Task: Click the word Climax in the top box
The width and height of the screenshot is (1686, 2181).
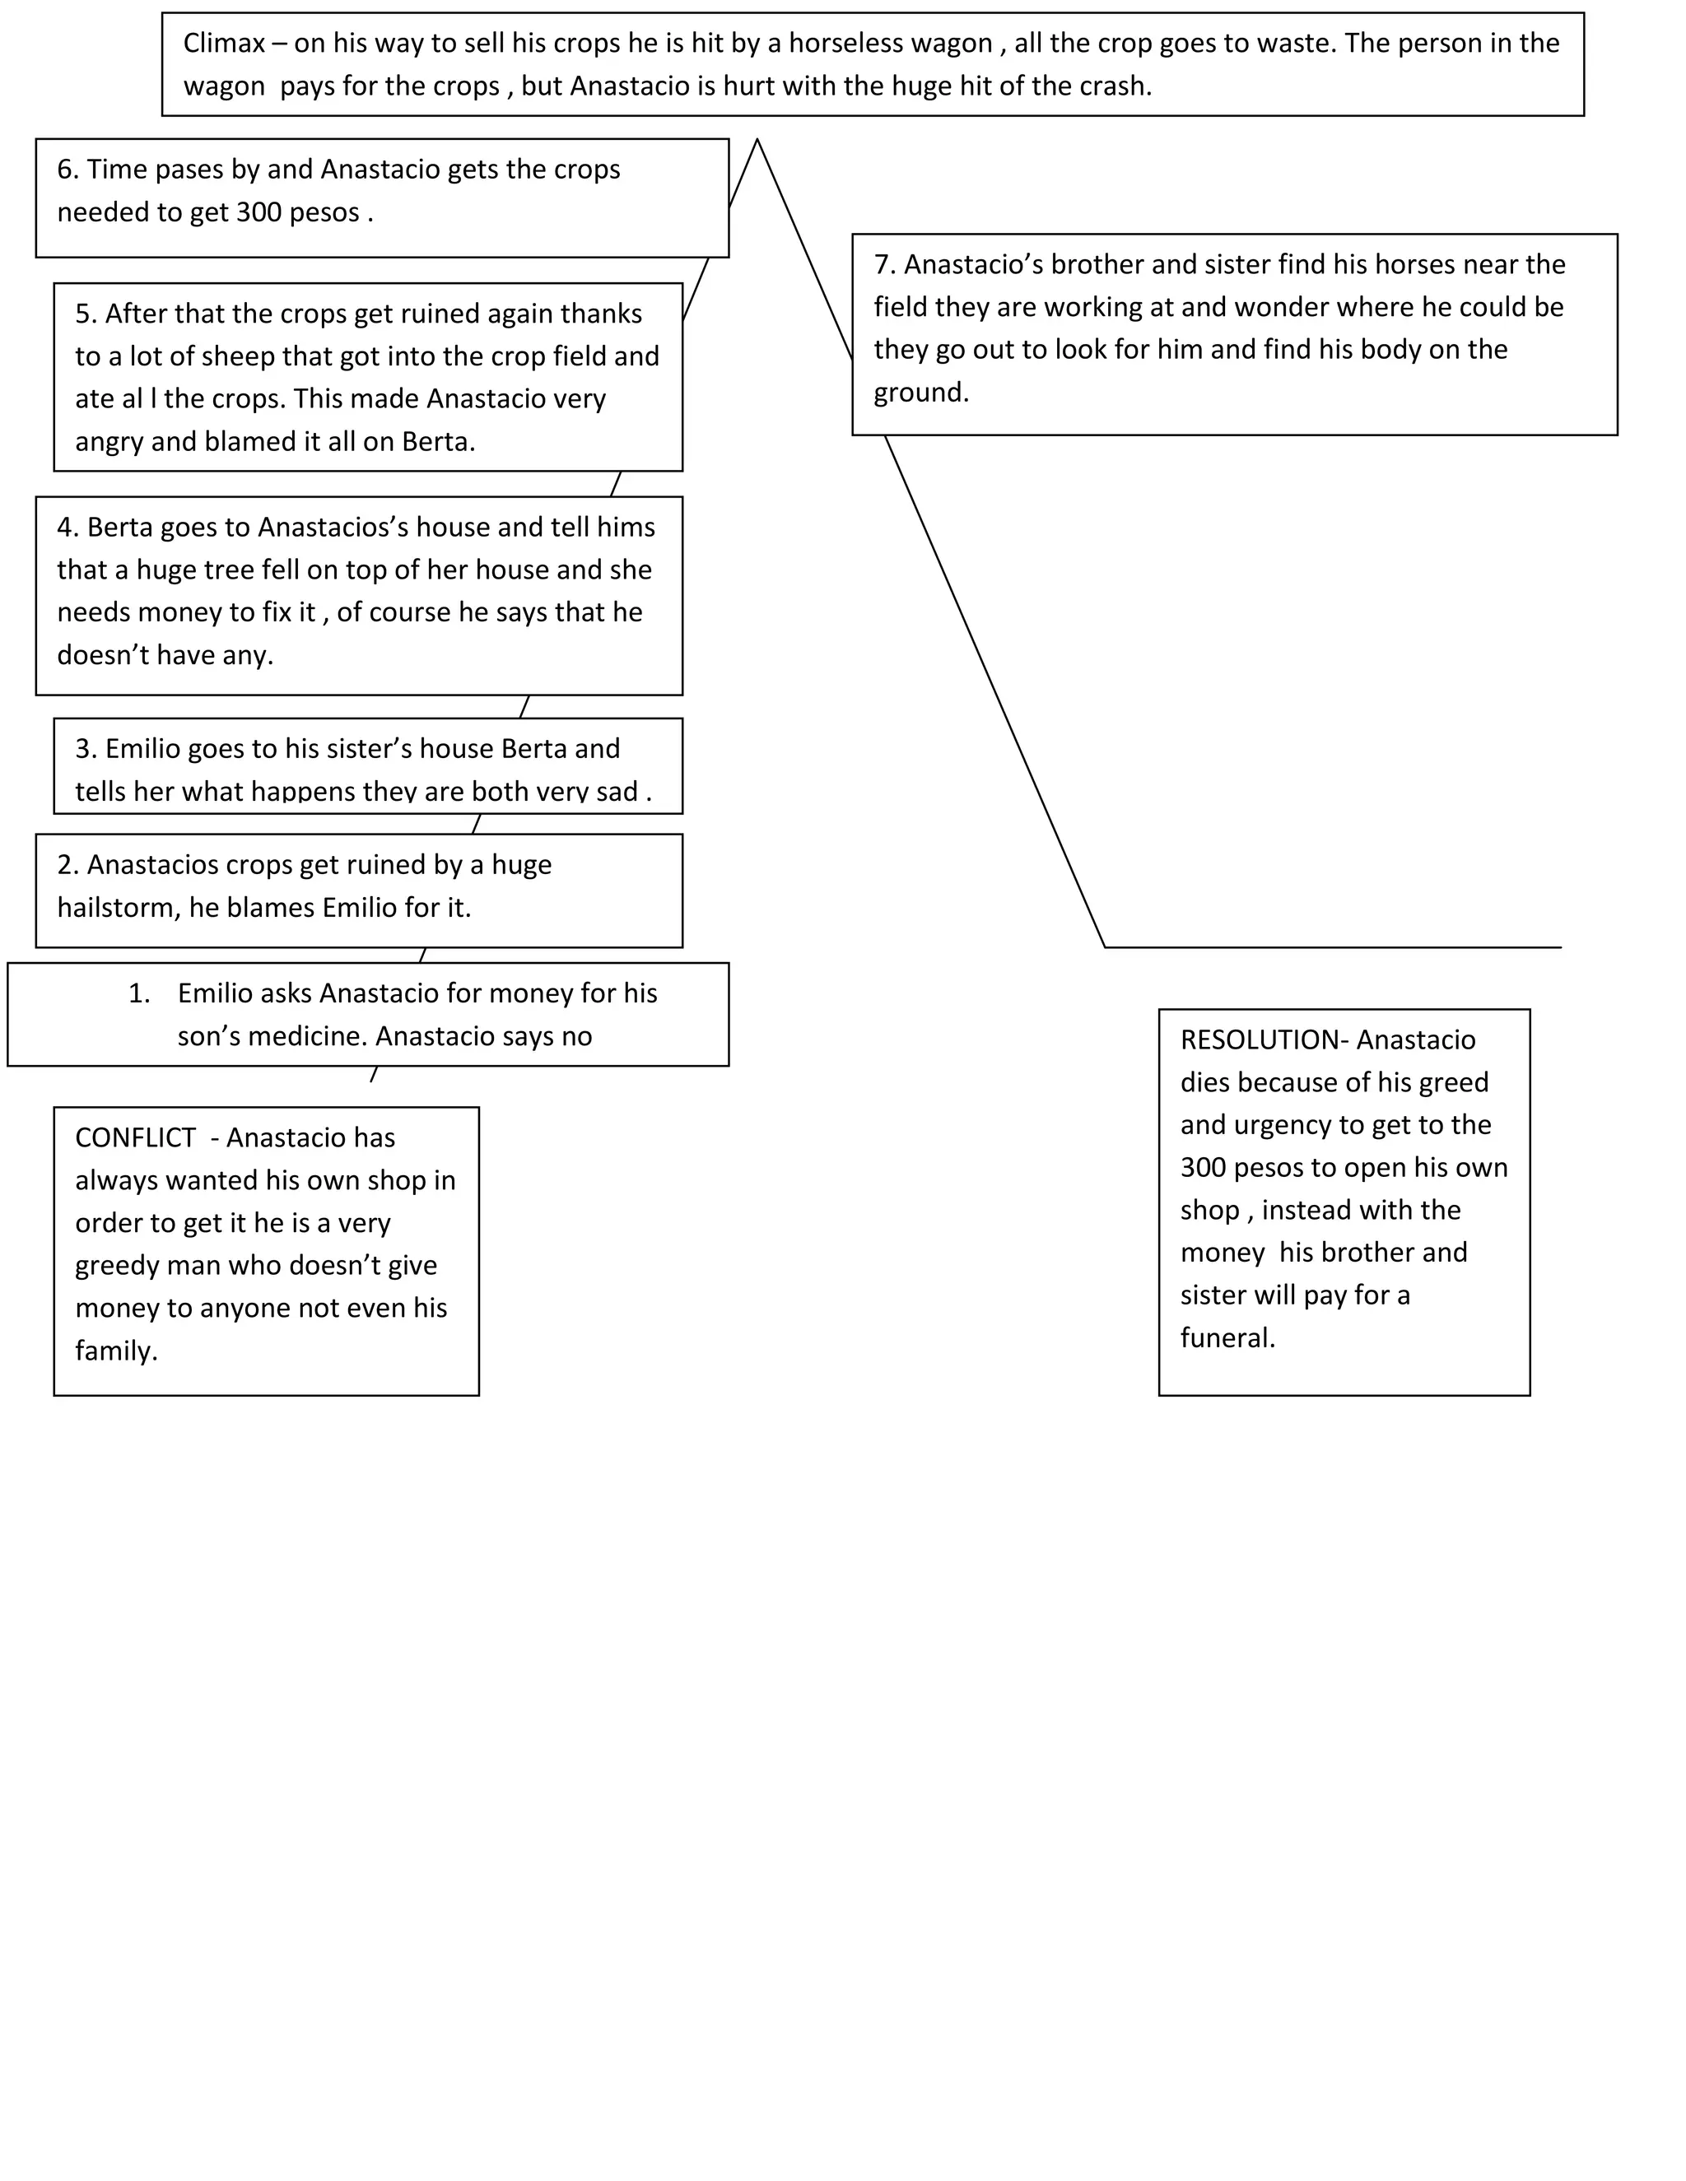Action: pos(224,44)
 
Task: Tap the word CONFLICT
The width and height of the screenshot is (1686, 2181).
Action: pos(135,1137)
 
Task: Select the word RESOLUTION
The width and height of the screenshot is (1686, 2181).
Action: pos(1259,1039)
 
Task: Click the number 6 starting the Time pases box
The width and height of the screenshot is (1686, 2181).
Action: pos(66,170)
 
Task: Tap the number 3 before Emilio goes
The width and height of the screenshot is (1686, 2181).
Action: pos(84,749)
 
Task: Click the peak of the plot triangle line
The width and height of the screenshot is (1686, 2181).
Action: pos(757,140)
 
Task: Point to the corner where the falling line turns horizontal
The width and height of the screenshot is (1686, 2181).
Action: pos(1105,946)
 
